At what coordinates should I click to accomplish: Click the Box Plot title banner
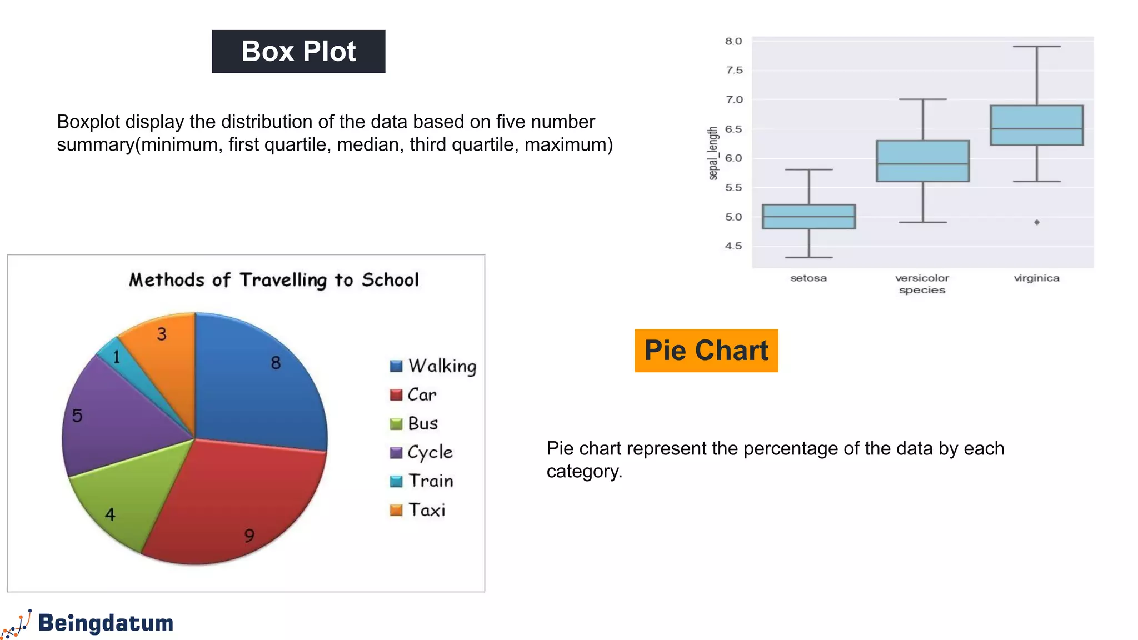click(x=298, y=52)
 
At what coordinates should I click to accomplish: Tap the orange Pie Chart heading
click(x=706, y=351)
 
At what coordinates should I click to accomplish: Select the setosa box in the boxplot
click(x=808, y=217)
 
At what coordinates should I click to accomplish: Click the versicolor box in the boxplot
click(x=922, y=161)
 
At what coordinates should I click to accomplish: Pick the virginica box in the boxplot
click(x=1036, y=126)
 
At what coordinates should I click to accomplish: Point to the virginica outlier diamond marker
click(x=1037, y=222)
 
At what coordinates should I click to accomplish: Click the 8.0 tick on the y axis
click(x=733, y=42)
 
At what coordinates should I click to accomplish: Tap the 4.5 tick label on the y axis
click(x=733, y=246)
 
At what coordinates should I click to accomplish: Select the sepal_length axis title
click(x=713, y=153)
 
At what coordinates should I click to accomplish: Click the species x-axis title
click(x=922, y=290)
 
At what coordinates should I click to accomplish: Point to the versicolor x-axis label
click(x=922, y=278)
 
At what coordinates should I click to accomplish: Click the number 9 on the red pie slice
click(x=249, y=536)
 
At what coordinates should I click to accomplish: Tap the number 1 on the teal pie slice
click(x=117, y=357)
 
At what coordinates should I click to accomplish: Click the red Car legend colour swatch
click(x=396, y=395)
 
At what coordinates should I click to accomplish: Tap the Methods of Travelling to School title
click(x=274, y=280)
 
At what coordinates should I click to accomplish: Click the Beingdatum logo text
click(x=106, y=623)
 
